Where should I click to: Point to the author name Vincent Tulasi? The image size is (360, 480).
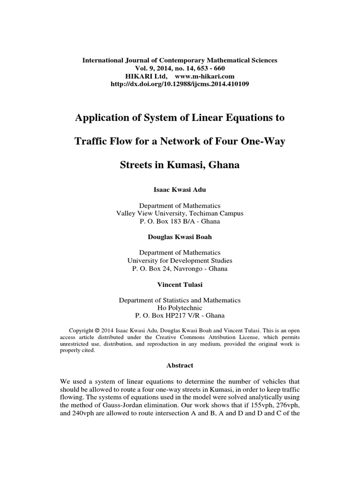point(180,285)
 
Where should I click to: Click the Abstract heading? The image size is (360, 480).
point(180,365)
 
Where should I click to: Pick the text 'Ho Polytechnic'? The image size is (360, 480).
point(180,308)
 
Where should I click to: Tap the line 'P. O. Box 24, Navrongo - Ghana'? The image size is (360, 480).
point(180,269)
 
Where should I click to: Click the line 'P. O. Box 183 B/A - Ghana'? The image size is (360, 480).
point(180,221)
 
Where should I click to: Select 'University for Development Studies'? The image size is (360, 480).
point(180,261)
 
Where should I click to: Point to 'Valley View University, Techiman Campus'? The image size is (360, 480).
point(180,213)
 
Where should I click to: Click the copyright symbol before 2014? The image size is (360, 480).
point(97,330)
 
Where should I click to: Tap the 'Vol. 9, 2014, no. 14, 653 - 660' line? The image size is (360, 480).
point(180,68)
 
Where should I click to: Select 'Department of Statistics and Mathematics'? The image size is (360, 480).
point(180,300)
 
